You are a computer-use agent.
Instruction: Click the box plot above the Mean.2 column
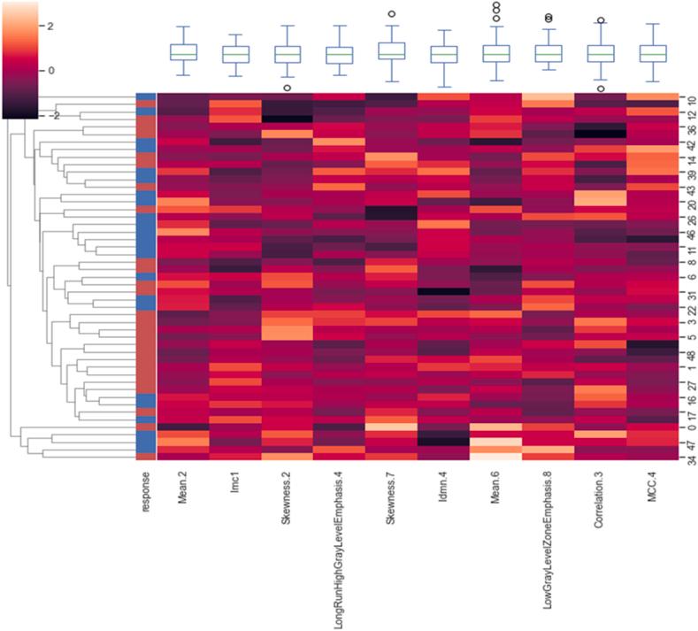[x=183, y=52]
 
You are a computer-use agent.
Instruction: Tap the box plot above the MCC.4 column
[x=653, y=53]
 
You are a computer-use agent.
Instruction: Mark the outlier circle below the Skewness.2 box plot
[x=287, y=88]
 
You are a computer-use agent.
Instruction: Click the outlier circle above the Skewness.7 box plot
[x=391, y=13]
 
